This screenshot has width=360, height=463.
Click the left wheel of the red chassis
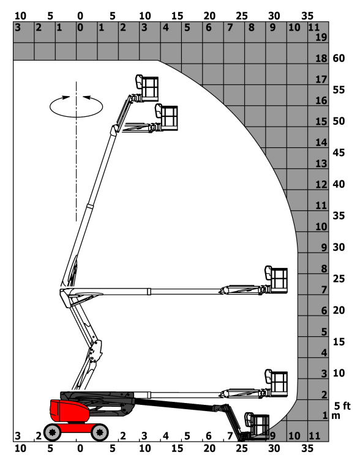pos(52,432)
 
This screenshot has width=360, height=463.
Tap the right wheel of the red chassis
pos(99,432)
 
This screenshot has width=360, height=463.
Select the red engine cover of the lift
pos(70,411)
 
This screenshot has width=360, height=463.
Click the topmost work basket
pos(147,88)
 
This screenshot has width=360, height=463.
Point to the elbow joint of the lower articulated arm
pos(96,352)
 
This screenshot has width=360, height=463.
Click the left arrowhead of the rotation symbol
pos(66,97)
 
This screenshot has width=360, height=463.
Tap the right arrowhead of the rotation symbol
pos(87,97)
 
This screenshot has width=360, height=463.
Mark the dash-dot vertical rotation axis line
pos(77,151)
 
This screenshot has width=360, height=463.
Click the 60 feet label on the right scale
pos(339,58)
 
